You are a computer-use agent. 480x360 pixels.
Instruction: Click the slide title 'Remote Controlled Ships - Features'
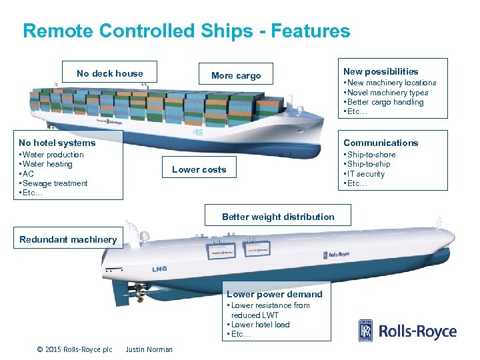tap(186, 31)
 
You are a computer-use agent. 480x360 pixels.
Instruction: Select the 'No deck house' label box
tap(110, 73)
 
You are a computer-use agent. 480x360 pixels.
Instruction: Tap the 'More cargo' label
tap(236, 75)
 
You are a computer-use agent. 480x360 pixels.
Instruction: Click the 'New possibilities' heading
tap(381, 71)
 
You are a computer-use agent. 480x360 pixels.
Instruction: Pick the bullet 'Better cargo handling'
tap(385, 102)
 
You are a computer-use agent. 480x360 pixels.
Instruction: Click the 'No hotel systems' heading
tap(57, 143)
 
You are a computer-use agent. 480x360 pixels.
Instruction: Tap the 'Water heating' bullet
tap(49, 164)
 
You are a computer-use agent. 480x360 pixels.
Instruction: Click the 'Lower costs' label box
tap(199, 169)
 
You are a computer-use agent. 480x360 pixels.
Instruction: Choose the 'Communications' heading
tap(381, 143)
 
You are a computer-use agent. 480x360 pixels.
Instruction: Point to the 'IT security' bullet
tap(365, 174)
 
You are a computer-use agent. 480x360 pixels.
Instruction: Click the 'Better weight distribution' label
tap(278, 217)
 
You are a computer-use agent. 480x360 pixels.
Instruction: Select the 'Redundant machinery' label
tap(68, 239)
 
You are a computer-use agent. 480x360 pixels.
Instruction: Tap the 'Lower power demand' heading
tap(274, 294)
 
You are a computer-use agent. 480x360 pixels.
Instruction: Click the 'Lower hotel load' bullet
tap(260, 325)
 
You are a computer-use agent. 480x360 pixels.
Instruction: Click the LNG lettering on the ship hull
tap(159, 269)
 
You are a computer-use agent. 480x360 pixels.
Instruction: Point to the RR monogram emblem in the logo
tap(366, 331)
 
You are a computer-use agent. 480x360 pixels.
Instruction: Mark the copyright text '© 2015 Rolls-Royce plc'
tap(75, 349)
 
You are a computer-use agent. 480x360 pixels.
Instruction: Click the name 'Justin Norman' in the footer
tap(149, 349)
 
